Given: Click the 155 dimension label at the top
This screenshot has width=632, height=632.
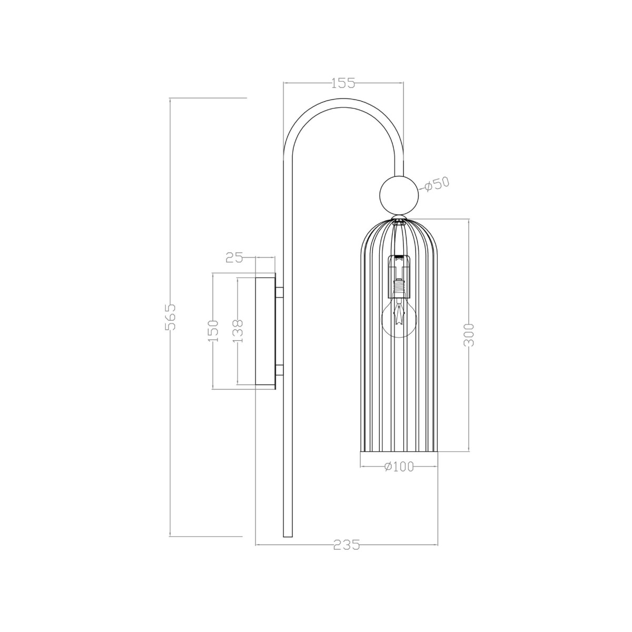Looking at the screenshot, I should tap(343, 83).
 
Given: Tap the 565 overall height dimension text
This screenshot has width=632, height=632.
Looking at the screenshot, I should tap(170, 317).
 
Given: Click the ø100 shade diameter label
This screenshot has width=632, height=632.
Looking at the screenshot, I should tap(399, 467).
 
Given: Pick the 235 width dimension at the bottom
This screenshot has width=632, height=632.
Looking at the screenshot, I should tap(347, 545).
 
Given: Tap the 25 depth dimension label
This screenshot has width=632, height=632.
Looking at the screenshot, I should tap(234, 258).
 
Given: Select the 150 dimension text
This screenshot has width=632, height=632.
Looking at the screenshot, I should tap(212, 331).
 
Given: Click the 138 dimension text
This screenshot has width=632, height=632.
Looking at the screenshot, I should tap(238, 331).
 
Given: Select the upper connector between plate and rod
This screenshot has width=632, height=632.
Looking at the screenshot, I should tap(279, 292).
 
